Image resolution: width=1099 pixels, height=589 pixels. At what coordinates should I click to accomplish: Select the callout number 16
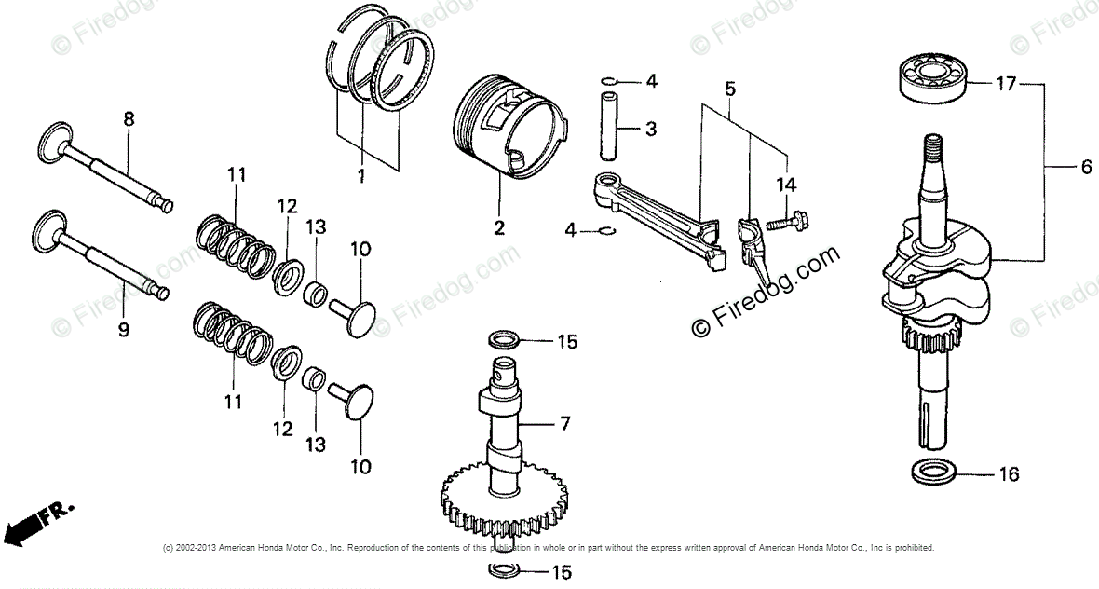pyautogui.click(x=1008, y=474)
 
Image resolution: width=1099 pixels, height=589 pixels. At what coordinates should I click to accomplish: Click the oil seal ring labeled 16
pyautogui.click(x=932, y=473)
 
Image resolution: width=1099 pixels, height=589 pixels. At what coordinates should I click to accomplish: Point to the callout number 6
pyautogui.click(x=1085, y=168)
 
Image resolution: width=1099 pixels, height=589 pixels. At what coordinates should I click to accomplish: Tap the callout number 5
pyautogui.click(x=729, y=89)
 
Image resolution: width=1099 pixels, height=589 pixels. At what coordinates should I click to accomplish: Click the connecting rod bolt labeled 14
pyautogui.click(x=786, y=223)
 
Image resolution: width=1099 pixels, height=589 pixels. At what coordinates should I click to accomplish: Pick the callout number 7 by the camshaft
pyautogui.click(x=563, y=424)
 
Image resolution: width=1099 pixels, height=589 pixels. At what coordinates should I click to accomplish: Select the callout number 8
pyautogui.click(x=129, y=118)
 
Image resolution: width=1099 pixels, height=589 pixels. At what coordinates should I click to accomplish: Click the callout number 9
pyautogui.click(x=124, y=329)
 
